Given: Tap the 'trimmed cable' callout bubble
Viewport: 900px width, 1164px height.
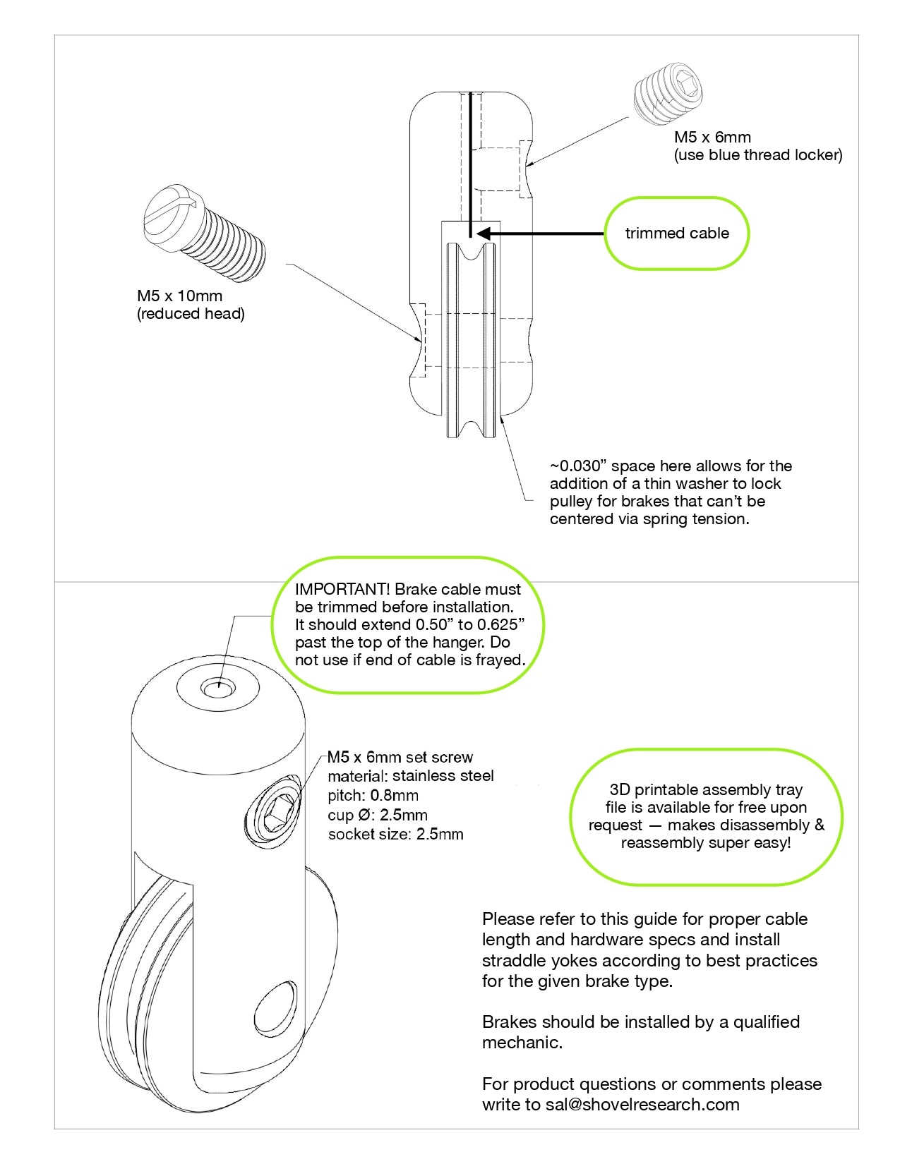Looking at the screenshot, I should [x=676, y=234].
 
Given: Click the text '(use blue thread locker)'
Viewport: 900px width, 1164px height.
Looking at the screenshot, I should [x=758, y=155].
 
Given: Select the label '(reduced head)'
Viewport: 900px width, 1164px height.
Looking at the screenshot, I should [x=191, y=314].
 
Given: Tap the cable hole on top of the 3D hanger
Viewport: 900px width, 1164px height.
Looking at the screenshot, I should [x=218, y=686].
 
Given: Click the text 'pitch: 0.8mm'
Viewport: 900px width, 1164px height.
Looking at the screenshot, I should [x=373, y=796].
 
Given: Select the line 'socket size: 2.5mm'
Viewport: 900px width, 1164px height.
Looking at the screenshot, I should [x=395, y=835].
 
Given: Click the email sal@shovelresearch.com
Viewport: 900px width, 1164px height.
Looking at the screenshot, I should [x=642, y=1105].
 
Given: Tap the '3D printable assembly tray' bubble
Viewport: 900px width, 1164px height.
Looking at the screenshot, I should [x=706, y=816].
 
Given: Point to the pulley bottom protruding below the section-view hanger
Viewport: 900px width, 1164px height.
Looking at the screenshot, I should [x=471, y=425].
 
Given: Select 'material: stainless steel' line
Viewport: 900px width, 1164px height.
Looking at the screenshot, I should [x=410, y=776].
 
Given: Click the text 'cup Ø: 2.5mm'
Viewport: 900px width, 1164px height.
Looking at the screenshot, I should [x=377, y=816].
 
